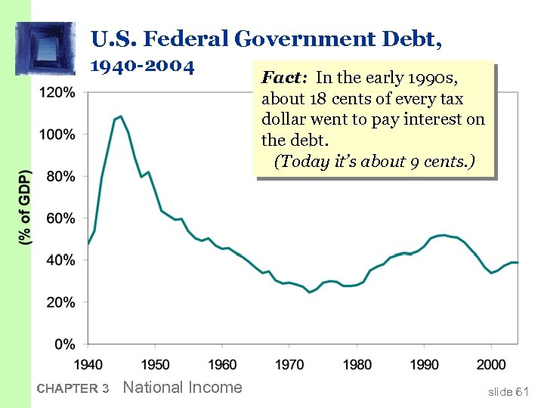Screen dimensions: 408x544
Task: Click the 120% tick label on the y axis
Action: point(58,93)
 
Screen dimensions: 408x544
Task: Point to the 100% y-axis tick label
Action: point(58,134)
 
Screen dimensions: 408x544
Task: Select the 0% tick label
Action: point(64,344)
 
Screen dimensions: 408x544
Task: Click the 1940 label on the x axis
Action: point(88,364)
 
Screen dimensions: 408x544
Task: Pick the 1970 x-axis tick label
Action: point(289,364)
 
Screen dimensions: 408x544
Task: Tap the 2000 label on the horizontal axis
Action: point(491,364)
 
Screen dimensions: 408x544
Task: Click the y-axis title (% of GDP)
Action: point(26,206)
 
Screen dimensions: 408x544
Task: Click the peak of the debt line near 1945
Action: point(121,116)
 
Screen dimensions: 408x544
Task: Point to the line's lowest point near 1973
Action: point(309,292)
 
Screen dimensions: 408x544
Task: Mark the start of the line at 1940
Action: point(88,244)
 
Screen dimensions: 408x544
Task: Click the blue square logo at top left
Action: point(45,48)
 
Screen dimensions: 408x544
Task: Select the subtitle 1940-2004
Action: point(143,66)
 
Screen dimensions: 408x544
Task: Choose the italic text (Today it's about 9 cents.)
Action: point(374,162)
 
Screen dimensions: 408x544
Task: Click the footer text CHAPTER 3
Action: point(73,389)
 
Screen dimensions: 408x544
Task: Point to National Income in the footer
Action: point(182,388)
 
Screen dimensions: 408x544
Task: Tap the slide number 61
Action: point(521,391)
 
